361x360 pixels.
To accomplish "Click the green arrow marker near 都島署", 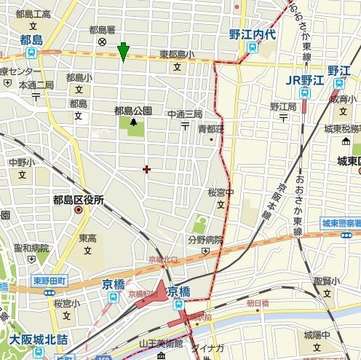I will point(124,50).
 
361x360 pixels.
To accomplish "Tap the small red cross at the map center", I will point(147,169).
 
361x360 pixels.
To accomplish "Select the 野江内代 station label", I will point(252,34).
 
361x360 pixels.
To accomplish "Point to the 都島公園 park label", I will point(133,111).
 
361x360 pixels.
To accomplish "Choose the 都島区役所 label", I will point(78,199).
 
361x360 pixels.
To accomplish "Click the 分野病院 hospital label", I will point(205,240).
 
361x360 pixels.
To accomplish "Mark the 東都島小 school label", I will point(177,55).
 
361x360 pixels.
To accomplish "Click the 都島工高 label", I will point(32,14).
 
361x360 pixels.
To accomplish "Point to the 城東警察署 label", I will point(341,223).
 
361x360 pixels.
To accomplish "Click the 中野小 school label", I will point(21,163).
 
